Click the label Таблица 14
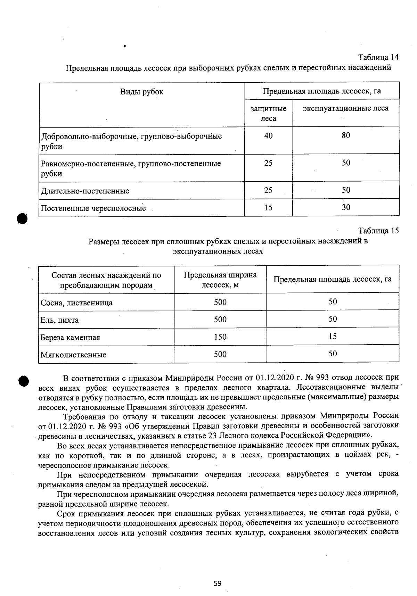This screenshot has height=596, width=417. pos(378,57)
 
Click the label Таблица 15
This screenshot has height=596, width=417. pos(378,231)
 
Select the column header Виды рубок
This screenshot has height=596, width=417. pos(141,92)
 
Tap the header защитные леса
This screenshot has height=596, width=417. pos(268,113)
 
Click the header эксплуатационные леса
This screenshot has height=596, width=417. pos(345,108)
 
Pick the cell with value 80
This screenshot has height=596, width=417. pos(345,135)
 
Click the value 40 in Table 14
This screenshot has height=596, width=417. pos(268,136)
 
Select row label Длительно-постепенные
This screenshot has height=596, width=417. pos(85,191)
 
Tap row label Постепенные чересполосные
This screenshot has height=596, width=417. pos(93,208)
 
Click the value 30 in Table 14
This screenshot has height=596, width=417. pos(346,207)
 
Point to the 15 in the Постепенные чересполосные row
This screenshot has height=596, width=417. pos(268,208)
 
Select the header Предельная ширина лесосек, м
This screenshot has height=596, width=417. pos(220,280)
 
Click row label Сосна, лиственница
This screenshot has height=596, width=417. pos(76,303)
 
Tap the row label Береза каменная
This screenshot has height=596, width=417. pos(70,337)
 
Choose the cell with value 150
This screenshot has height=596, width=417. pos(220,337)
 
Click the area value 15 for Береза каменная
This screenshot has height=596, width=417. pos(333,336)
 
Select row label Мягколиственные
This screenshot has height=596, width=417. pos(73,355)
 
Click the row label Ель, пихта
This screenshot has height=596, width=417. pos(60,320)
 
